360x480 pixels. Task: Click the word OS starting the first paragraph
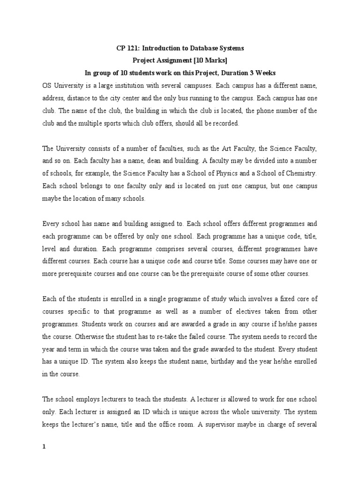click(x=47, y=86)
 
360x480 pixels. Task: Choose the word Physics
click(x=246, y=173)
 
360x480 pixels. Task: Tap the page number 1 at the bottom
click(x=44, y=447)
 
